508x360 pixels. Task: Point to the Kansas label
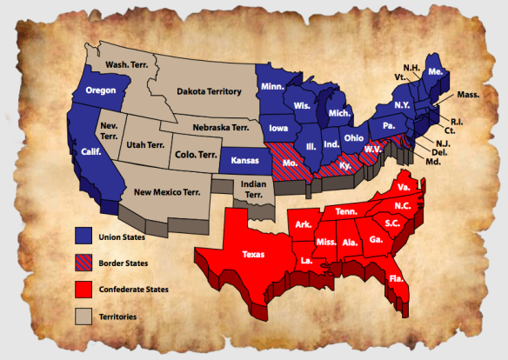[x=238, y=162]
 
